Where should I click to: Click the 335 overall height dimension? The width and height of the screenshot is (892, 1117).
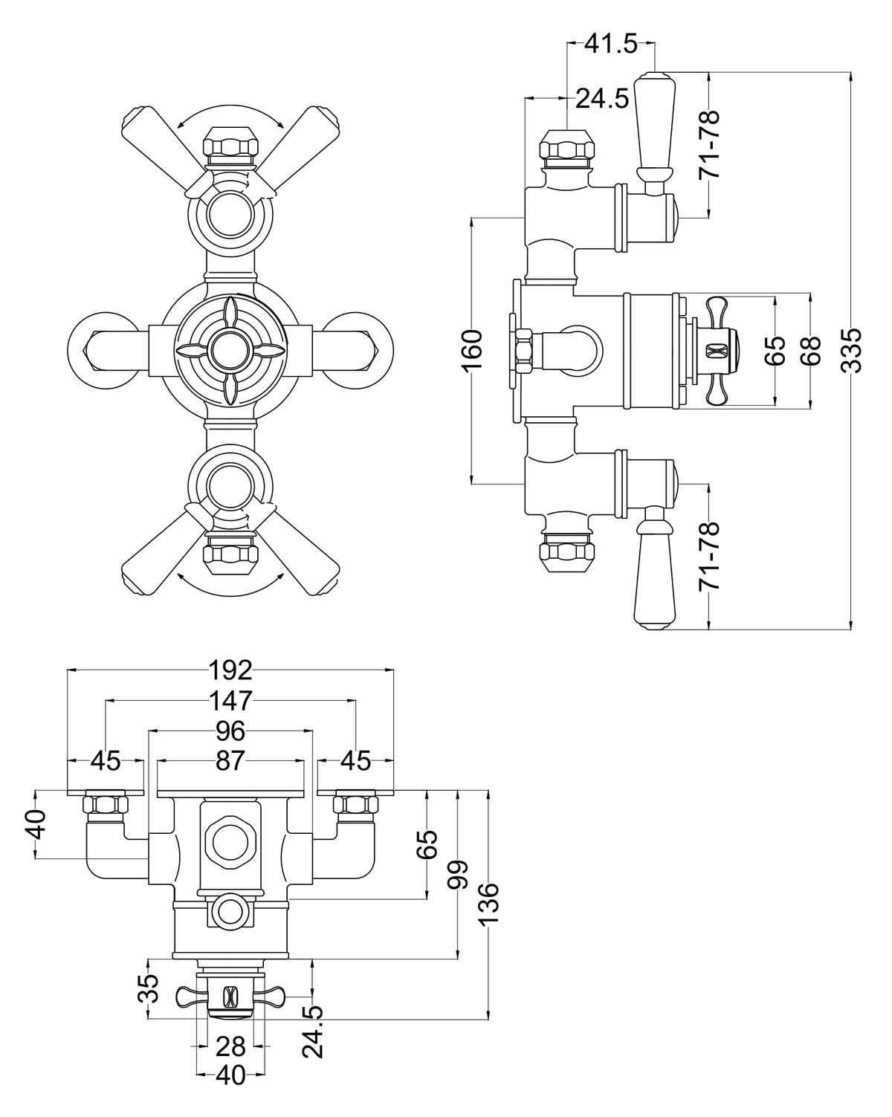pyautogui.click(x=853, y=350)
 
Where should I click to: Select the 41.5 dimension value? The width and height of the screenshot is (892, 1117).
pyautogui.click(x=610, y=45)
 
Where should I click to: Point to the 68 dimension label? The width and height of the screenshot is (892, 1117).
pyautogui.click(x=812, y=350)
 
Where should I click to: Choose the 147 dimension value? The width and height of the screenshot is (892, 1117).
pyautogui.click(x=230, y=700)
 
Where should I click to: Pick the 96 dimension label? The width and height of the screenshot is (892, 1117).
pyautogui.click(x=230, y=731)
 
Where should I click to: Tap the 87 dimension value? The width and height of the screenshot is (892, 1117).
pyautogui.click(x=230, y=761)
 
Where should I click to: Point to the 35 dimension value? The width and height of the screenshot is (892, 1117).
pyautogui.click(x=149, y=988)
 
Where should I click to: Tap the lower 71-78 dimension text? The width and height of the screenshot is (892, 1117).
pyautogui.click(x=711, y=557)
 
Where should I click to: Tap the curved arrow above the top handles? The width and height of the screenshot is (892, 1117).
pyautogui.click(x=230, y=109)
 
